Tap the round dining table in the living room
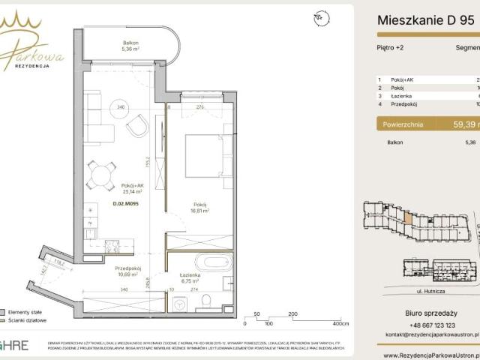pyautogui.click(x=99, y=174)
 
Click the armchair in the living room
pyautogui.click(x=138, y=127)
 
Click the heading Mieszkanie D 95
pyautogui.click(x=425, y=22)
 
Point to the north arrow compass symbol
pyautogui.click(x=322, y=16)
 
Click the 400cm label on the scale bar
pyautogui.click(x=341, y=324)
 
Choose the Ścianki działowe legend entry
pyautogui.click(x=25, y=321)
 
